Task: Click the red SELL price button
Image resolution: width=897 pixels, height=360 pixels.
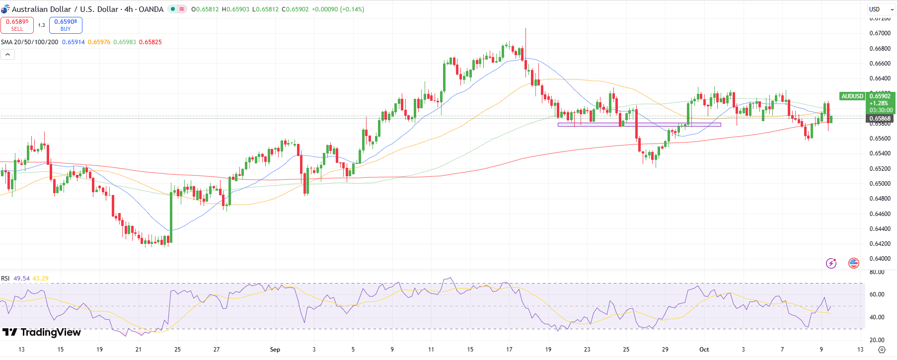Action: pos(17,25)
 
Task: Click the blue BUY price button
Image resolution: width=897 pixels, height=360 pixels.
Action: pos(66,25)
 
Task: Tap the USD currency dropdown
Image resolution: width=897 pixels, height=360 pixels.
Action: pos(881,9)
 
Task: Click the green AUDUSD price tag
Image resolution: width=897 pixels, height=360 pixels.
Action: pos(852,96)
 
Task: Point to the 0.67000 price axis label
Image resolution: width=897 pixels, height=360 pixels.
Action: pos(880,33)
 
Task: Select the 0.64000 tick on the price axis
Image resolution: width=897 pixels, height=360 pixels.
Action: pos(880,259)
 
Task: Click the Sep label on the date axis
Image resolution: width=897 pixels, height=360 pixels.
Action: pos(275,350)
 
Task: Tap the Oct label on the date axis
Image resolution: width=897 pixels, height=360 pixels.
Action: pos(704,350)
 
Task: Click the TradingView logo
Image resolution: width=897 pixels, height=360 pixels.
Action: pos(42,332)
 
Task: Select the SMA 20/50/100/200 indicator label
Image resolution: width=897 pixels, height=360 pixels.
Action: pos(29,42)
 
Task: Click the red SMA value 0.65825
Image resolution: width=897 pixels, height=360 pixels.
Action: pos(150,42)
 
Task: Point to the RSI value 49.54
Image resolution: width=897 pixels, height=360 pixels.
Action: pos(21,279)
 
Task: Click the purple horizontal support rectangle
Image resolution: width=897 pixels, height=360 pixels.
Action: pos(639,125)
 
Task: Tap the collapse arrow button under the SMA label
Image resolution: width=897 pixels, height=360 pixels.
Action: pos(8,55)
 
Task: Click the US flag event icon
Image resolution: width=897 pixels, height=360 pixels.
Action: pos(854,263)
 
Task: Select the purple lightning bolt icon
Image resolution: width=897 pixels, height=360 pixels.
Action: pos(831,263)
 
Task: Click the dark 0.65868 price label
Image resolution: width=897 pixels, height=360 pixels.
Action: pos(880,119)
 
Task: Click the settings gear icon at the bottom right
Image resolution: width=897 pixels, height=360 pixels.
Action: pos(882,350)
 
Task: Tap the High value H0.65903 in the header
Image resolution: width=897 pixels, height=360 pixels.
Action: pos(235,9)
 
